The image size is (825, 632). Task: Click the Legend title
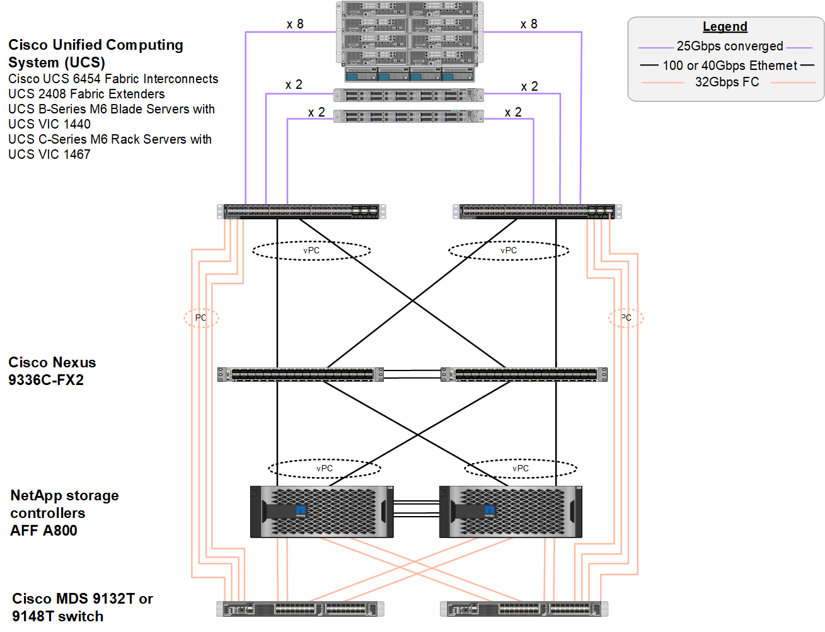pyautogui.click(x=725, y=26)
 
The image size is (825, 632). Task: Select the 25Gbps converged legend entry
pyautogui.click(x=729, y=46)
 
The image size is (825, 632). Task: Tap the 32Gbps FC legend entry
pyautogui.click(x=727, y=82)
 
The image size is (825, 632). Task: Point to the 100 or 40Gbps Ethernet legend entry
pyautogui.click(x=729, y=66)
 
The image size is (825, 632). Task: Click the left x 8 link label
pyautogui.click(x=295, y=24)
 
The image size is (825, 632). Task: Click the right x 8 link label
pyautogui.click(x=529, y=24)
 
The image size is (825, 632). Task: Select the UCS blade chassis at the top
pyautogui.click(x=410, y=41)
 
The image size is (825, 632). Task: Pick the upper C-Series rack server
pyautogui.click(x=408, y=96)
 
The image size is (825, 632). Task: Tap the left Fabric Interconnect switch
pyautogui.click(x=301, y=211)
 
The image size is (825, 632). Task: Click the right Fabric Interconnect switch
pyautogui.click(x=537, y=211)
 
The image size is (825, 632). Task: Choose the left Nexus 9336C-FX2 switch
pyautogui.click(x=301, y=374)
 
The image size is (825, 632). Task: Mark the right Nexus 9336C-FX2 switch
pyautogui.click(x=524, y=374)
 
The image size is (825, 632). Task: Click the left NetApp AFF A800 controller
pyautogui.click(x=321, y=512)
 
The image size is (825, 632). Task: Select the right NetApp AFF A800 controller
pyautogui.click(x=511, y=512)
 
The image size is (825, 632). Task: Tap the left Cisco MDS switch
pyautogui.click(x=300, y=609)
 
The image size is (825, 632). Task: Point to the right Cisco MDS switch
pyautogui.click(x=524, y=609)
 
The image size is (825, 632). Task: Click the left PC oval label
pyautogui.click(x=201, y=318)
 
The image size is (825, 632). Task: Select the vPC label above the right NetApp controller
pyautogui.click(x=521, y=468)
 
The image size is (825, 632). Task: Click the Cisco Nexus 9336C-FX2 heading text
pyautogui.click(x=52, y=371)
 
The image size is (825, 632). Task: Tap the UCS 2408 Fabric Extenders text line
pyautogui.click(x=86, y=94)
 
